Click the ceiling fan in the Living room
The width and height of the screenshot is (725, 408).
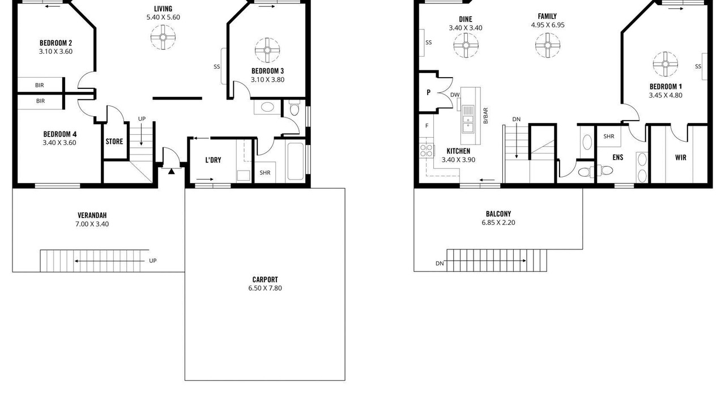click(x=163, y=37)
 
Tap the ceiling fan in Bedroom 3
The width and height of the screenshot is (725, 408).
click(x=267, y=50)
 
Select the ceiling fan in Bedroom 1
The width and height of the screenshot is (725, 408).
click(x=665, y=64)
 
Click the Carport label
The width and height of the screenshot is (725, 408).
click(x=265, y=279)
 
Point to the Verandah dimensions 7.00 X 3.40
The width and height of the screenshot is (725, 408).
click(x=92, y=224)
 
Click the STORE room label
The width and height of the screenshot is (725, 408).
click(x=114, y=142)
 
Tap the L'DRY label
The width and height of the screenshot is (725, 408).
click(x=214, y=160)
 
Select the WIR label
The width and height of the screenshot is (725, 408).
click(x=681, y=158)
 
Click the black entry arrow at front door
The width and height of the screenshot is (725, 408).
click(x=171, y=171)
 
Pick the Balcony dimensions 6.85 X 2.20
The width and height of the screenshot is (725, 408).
click(x=498, y=223)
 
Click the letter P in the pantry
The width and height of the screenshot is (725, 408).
click(x=429, y=92)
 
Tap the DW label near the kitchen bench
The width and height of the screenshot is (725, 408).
click(x=455, y=95)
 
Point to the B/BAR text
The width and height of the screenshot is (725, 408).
click(x=485, y=116)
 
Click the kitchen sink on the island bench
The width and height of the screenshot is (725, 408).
click(x=468, y=118)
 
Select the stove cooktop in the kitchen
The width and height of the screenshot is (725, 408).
click(x=427, y=151)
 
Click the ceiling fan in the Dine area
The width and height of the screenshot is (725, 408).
click(x=466, y=45)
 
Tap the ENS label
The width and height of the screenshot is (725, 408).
click(x=618, y=158)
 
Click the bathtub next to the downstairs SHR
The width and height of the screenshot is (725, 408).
click(x=296, y=161)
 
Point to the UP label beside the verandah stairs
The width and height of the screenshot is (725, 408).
click(x=153, y=261)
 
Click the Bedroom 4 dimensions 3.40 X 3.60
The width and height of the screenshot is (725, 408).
click(x=59, y=143)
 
